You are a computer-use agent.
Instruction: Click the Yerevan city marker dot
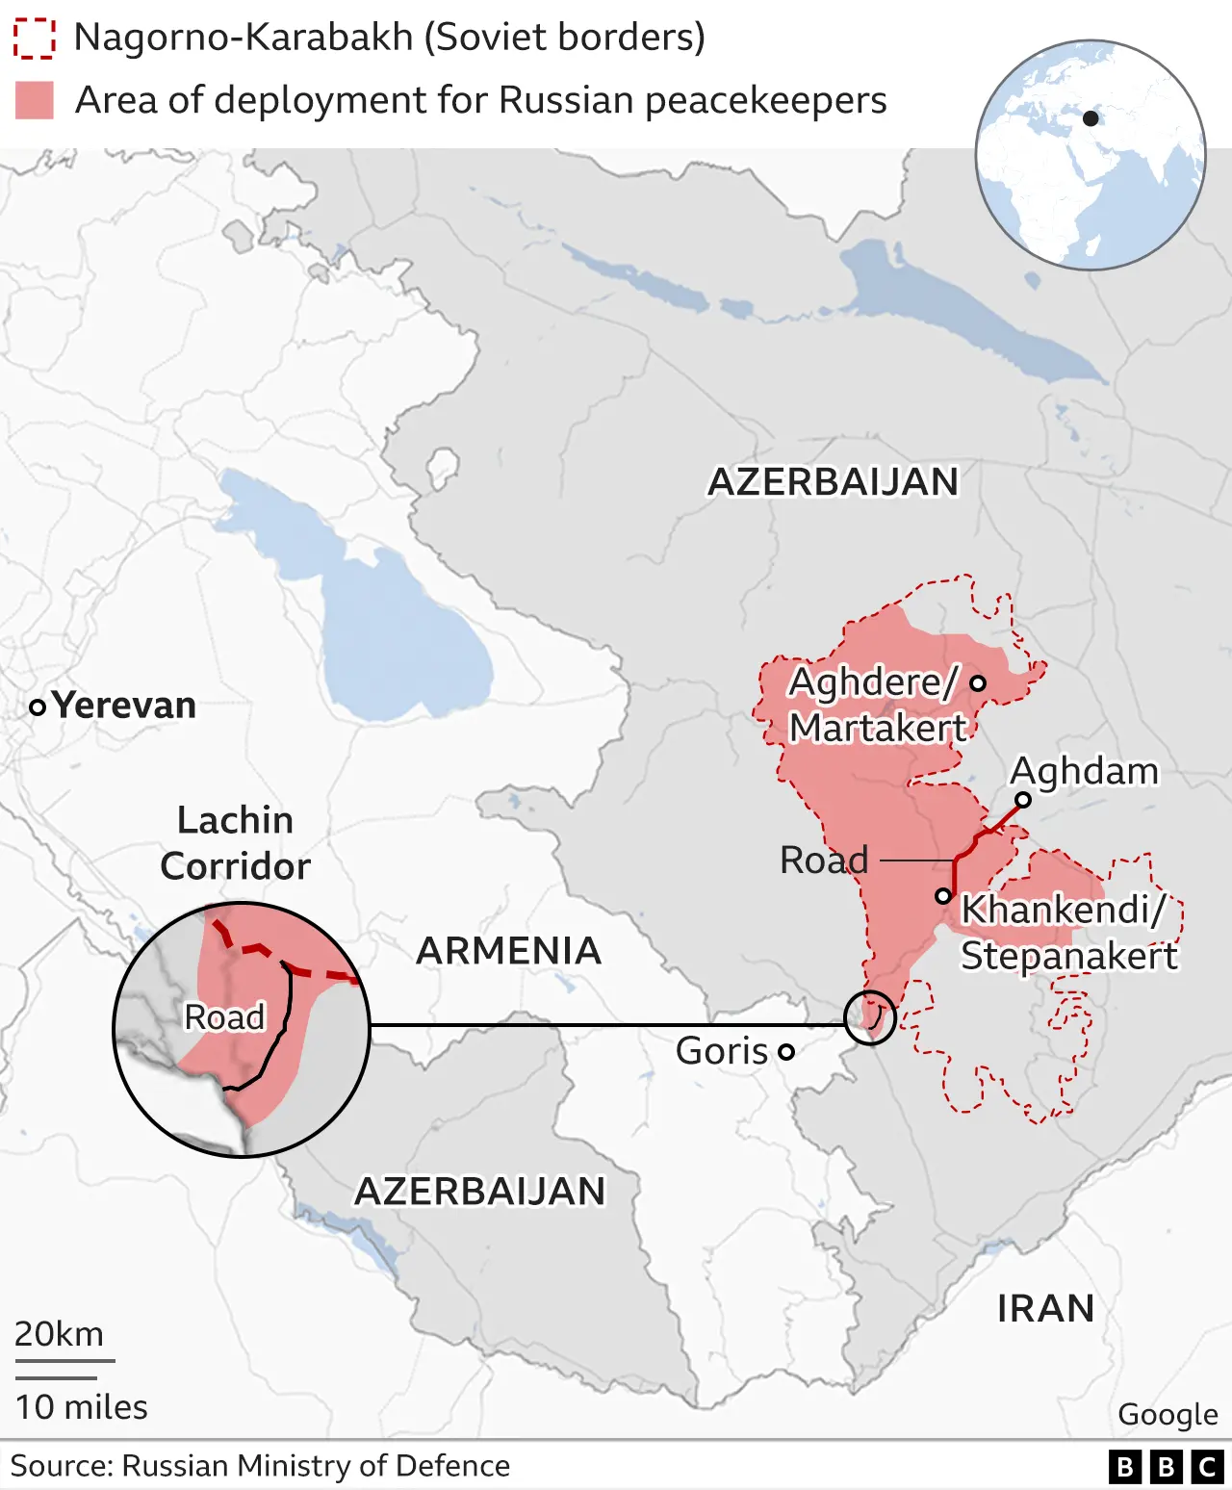tap(38, 707)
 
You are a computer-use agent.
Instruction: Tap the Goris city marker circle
tap(786, 1052)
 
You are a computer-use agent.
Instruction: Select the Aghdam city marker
tap(1023, 800)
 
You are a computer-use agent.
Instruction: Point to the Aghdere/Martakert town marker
tap(978, 683)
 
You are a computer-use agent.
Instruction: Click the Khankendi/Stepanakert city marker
tap(943, 896)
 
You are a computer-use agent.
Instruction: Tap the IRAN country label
tap(1045, 1309)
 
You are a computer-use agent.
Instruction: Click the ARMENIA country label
tap(508, 951)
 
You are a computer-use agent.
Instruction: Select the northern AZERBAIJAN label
tap(834, 481)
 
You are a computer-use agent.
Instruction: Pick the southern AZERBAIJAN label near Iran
tap(480, 1192)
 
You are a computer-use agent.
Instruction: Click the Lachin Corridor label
tap(236, 843)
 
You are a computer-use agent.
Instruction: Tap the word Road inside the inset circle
tap(224, 1016)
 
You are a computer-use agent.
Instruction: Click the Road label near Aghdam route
tap(824, 860)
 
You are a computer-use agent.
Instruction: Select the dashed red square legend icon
tap(34, 39)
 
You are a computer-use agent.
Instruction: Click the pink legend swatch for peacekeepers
tap(35, 100)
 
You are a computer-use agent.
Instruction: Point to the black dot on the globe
tap(1091, 118)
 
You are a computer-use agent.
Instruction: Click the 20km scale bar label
tap(60, 1334)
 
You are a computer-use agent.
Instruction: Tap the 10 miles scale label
tap(82, 1407)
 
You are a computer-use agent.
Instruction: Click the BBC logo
tap(1167, 1466)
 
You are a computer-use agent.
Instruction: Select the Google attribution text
tap(1168, 1414)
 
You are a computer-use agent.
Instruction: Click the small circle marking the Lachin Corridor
tap(870, 1017)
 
